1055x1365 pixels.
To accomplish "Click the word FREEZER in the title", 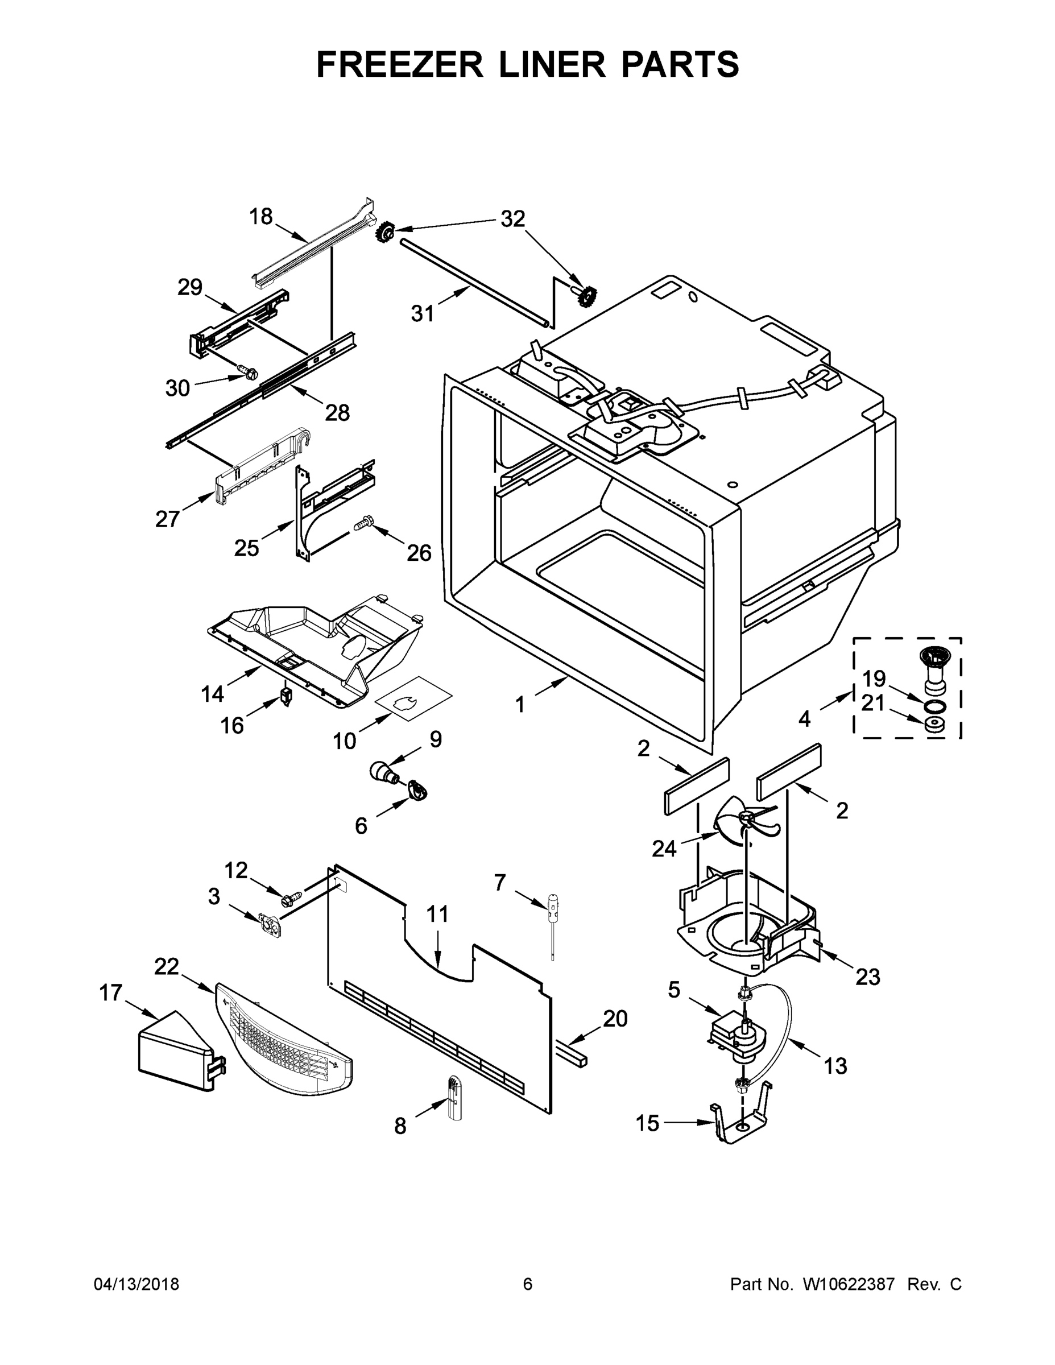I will [x=399, y=64].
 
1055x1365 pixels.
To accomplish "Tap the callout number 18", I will [x=260, y=217].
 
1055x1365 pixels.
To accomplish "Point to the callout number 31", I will [x=423, y=314].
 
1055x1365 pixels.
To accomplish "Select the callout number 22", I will [x=167, y=966].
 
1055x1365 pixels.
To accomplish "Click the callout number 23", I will [x=867, y=976].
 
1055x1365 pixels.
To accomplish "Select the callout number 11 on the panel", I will [x=437, y=915].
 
